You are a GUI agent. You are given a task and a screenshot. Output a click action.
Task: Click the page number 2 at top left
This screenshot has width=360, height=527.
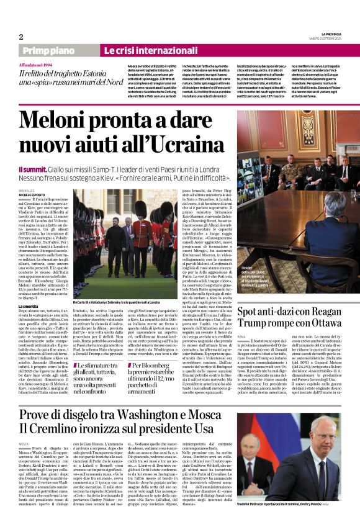click(20, 37)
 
